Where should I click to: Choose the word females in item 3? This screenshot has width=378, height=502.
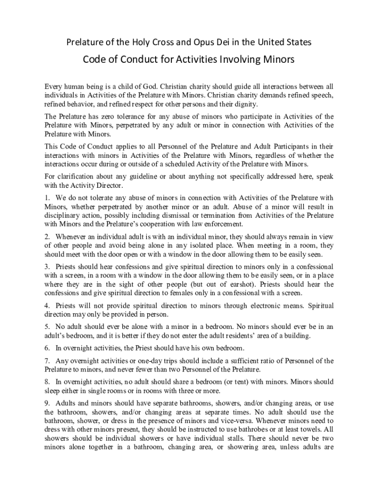tap(176, 293)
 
